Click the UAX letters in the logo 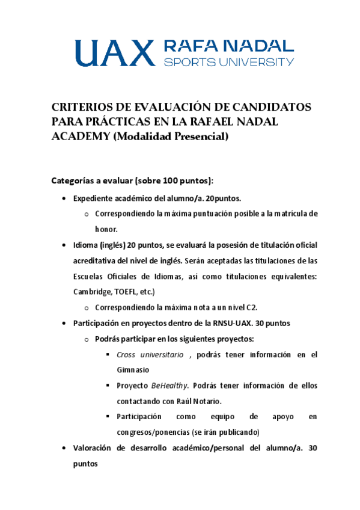click(x=113, y=53)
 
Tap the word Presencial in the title click(x=202, y=137)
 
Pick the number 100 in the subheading click(x=165, y=180)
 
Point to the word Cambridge click(x=91, y=292)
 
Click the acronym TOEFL click(x=124, y=292)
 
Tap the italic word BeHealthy click(x=168, y=386)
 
